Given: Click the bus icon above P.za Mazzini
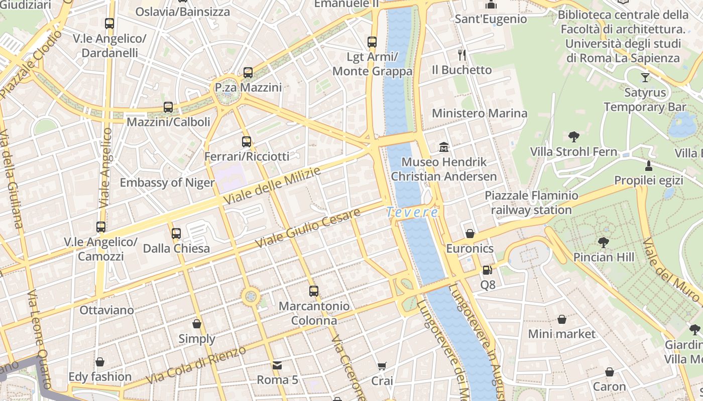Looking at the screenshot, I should tap(248, 73).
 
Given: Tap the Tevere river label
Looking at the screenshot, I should tap(412, 213).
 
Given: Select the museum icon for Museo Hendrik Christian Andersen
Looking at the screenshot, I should tap(444, 147).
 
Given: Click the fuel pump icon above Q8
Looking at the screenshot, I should tap(487, 270).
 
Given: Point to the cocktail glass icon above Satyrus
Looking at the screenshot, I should tap(645, 78).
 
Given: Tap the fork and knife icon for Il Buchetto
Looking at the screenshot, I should tap(462, 55).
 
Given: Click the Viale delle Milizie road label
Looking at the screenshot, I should tap(272, 186).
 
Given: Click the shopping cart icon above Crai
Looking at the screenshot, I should tap(382, 366).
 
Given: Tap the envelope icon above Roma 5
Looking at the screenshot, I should tap(277, 365).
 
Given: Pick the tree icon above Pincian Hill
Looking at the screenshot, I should tap(604, 243).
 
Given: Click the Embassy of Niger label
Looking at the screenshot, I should tap(167, 182).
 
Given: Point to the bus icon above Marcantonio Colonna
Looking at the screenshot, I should tap(314, 291).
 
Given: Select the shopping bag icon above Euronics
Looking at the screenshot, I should tap(470, 234).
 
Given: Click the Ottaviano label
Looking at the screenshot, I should tap(107, 310).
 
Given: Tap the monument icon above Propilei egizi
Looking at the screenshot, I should tap(649, 165).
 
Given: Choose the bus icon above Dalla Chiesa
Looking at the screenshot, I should tap(176, 234).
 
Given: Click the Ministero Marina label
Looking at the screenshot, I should tap(480, 113).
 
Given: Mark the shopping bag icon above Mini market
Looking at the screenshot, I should tap(562, 319).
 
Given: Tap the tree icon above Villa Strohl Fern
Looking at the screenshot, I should tap(574, 136).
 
